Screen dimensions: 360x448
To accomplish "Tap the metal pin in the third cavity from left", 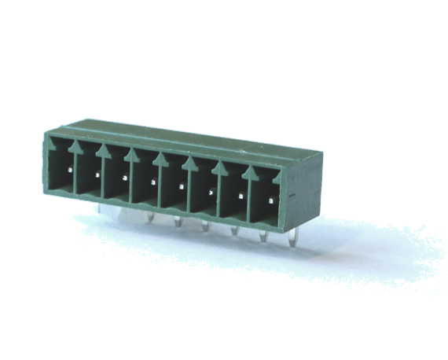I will tap(125, 177).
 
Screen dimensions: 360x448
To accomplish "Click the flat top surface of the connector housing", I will tap(181, 137).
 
